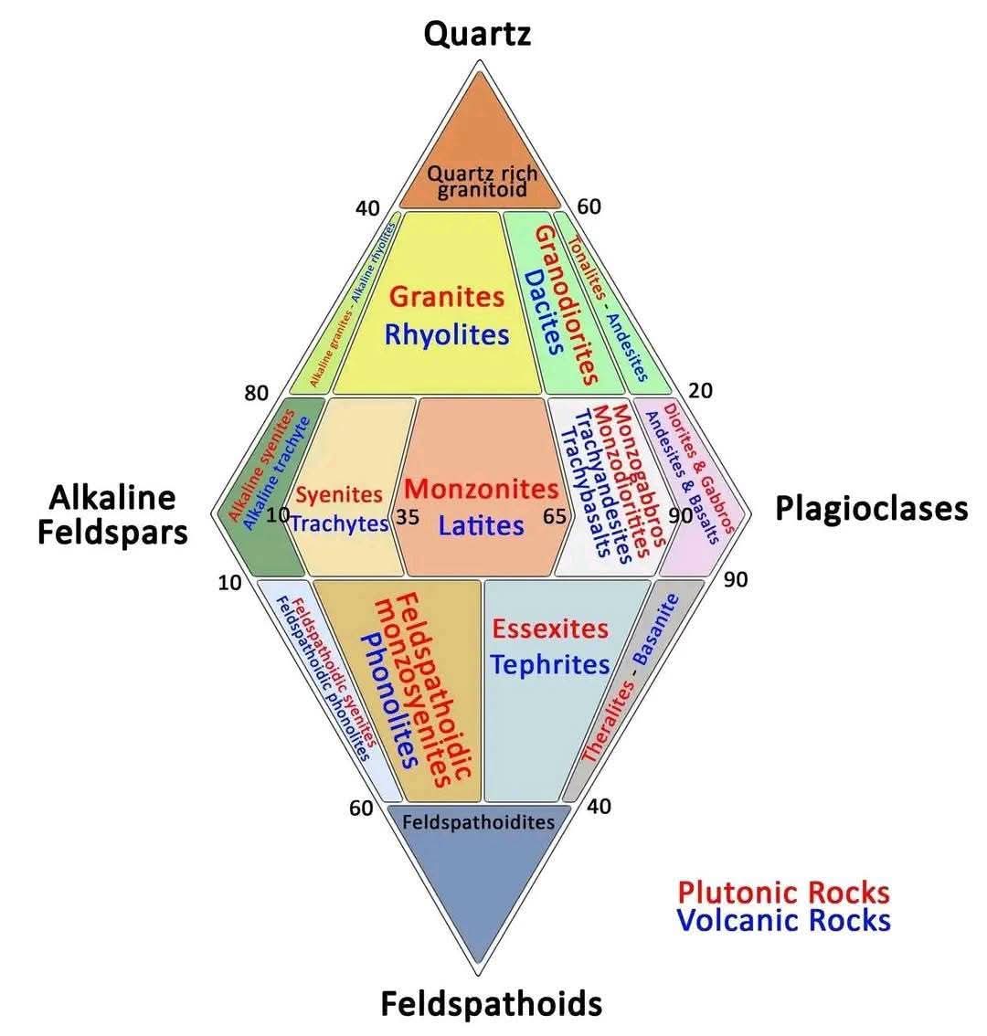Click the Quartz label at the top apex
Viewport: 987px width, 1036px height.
click(x=477, y=35)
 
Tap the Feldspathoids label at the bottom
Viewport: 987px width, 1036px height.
click(x=491, y=1003)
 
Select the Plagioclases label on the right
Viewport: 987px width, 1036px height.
click(x=871, y=508)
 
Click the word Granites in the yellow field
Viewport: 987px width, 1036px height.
click(x=446, y=296)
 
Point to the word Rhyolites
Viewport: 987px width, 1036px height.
click(x=446, y=334)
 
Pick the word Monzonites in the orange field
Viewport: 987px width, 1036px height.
click(x=481, y=489)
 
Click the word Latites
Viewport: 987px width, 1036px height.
click(x=481, y=525)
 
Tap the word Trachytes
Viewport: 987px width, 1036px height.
click(x=340, y=523)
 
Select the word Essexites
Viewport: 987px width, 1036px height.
click(x=549, y=629)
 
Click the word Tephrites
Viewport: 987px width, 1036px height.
click(x=549, y=664)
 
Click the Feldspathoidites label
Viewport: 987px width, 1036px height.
click(x=478, y=821)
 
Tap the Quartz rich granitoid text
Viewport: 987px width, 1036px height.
click(x=482, y=181)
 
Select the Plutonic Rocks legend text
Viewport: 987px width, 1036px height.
click(x=783, y=892)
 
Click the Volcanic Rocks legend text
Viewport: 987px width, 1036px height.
click(x=783, y=920)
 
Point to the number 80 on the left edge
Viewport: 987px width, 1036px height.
click(x=256, y=394)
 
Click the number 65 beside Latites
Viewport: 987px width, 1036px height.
click(x=555, y=516)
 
